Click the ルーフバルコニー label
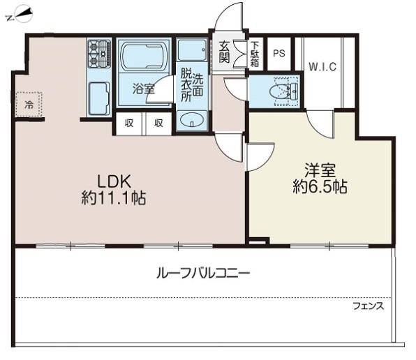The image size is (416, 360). pos(202,272)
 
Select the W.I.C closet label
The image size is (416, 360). pos(322,67)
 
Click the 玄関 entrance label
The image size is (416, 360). pos(224,52)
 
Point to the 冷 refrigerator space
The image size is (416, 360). pos(29,105)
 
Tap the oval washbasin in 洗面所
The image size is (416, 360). pos(191,121)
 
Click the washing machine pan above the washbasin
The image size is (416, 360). pos(191,50)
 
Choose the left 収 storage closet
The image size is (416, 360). pos(129,123)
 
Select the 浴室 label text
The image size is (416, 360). pos(144,89)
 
